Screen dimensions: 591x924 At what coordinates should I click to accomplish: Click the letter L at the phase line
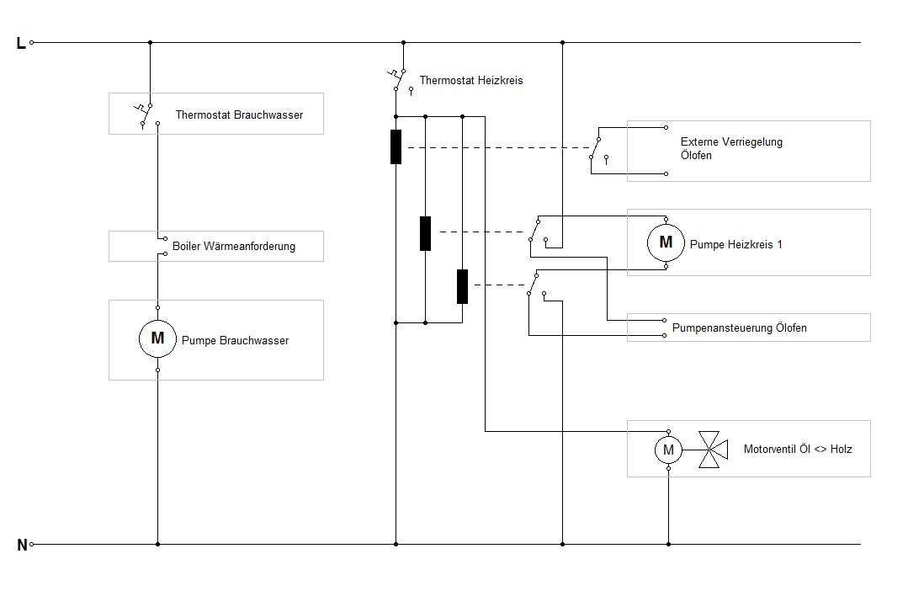21,43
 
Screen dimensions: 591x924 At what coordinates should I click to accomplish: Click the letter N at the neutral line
22,545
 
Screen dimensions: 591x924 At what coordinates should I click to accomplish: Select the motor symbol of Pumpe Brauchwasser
157,338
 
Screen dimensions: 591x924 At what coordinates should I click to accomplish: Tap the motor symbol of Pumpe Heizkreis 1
666,242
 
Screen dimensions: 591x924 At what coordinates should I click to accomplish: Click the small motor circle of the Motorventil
668,450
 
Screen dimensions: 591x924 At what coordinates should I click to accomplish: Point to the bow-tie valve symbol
712,450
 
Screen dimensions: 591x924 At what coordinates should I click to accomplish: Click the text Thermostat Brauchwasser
239,114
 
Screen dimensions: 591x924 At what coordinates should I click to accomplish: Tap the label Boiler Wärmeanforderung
234,247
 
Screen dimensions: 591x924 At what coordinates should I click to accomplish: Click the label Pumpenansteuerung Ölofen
739,327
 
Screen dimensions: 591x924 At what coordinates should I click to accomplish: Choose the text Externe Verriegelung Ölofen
731,148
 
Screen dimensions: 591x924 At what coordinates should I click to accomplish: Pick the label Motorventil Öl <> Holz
798,450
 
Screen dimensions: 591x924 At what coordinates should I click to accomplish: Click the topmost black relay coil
396,146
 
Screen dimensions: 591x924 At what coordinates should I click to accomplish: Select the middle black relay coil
426,233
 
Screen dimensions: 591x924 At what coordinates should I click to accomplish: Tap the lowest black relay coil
462,286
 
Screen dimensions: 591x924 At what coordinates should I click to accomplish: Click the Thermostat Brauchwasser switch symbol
146,114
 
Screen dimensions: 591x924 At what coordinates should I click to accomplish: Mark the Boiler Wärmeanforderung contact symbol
159,246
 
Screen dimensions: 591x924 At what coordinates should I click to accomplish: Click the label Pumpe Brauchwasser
235,341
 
